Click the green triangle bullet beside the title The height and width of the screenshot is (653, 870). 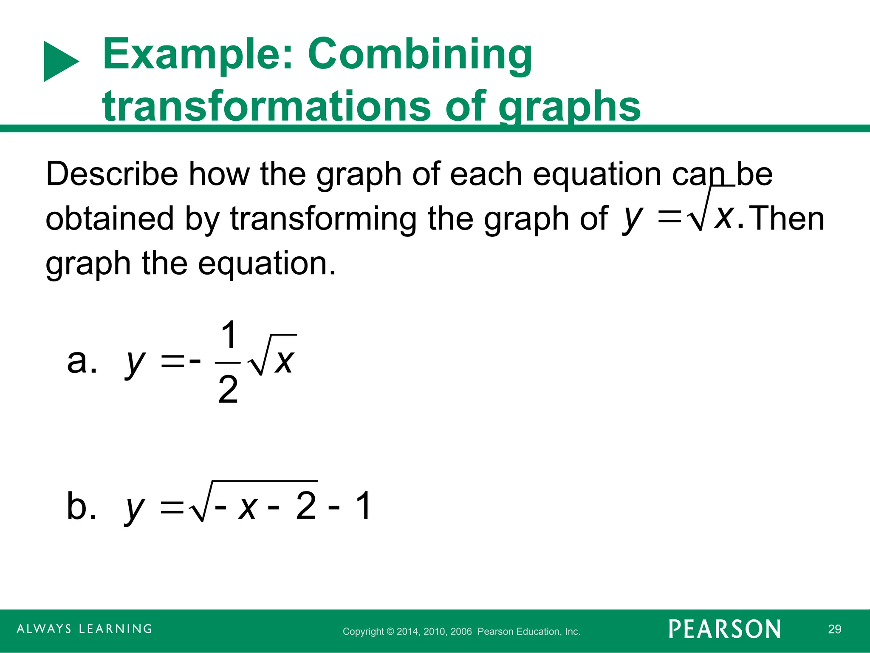pyautogui.click(x=59, y=61)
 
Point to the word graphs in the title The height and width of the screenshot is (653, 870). pyautogui.click(x=569, y=106)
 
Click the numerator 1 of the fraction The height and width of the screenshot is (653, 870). pyautogui.click(x=229, y=335)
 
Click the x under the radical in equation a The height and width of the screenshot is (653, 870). pyautogui.click(x=284, y=361)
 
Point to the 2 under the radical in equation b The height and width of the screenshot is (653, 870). pyautogui.click(x=306, y=506)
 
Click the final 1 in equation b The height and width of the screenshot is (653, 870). pyautogui.click(x=363, y=506)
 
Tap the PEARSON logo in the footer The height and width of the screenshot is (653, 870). pyautogui.click(x=725, y=629)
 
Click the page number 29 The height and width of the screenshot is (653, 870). pyautogui.click(x=834, y=629)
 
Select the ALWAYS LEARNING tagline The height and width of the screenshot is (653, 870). pyautogui.click(x=85, y=629)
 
